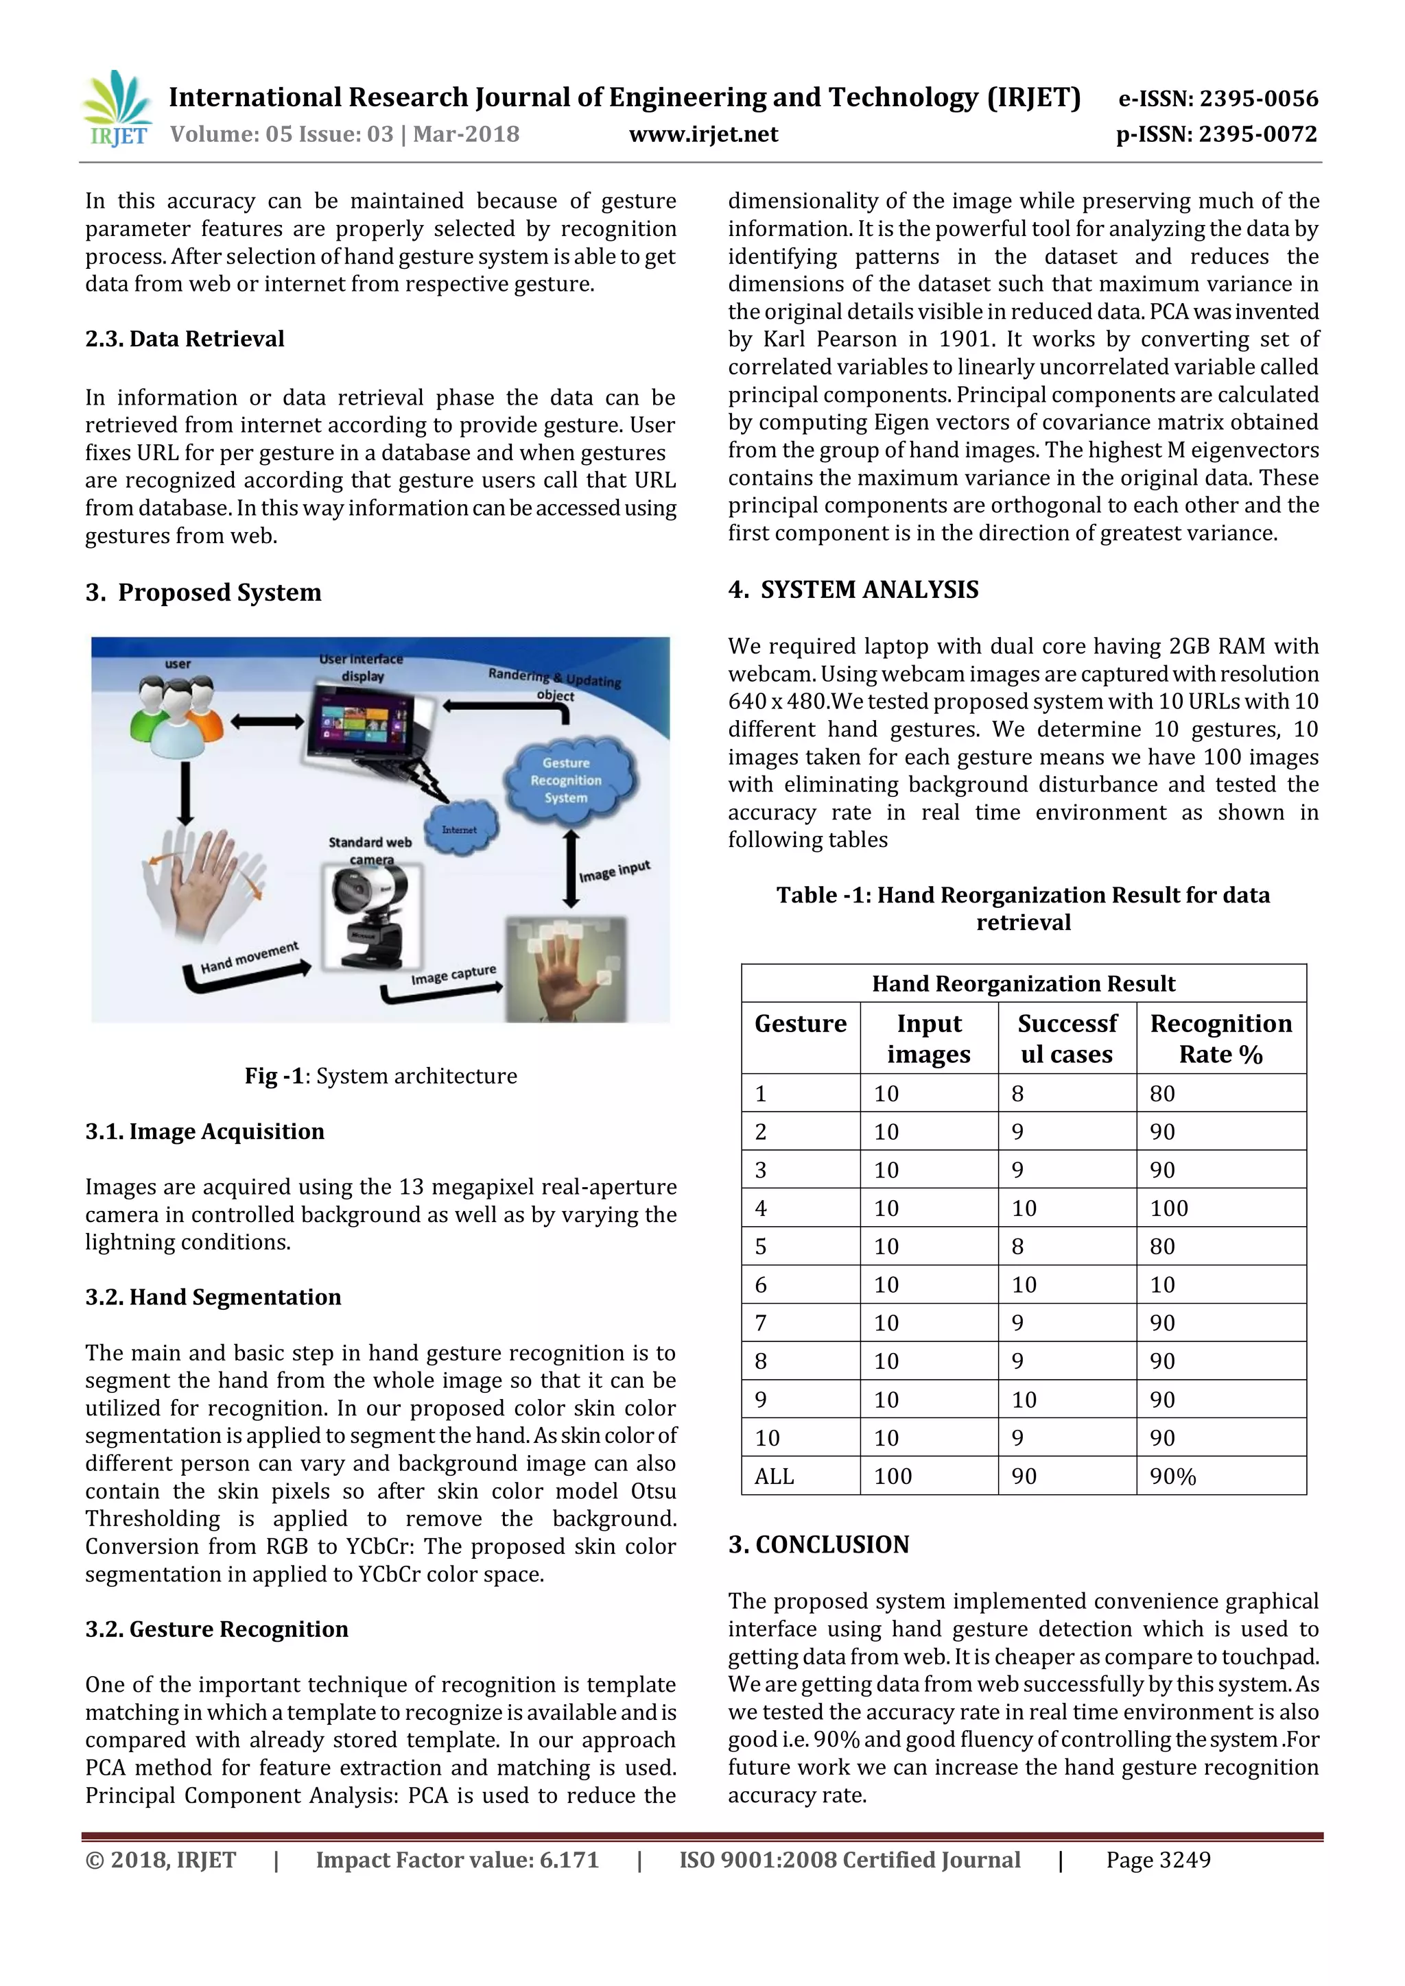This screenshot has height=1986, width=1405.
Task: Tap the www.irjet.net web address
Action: tap(702, 134)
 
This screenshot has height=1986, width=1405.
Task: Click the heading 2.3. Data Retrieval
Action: tap(185, 338)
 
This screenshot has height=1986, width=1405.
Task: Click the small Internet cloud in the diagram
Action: tap(460, 828)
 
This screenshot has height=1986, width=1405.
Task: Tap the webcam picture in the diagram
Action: tap(372, 917)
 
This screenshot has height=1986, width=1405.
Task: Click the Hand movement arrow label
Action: tap(249, 957)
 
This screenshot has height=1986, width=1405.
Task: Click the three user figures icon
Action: tap(178, 712)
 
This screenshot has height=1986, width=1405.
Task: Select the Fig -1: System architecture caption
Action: tap(381, 1075)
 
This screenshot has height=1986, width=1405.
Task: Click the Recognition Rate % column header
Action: tap(1220, 1038)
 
